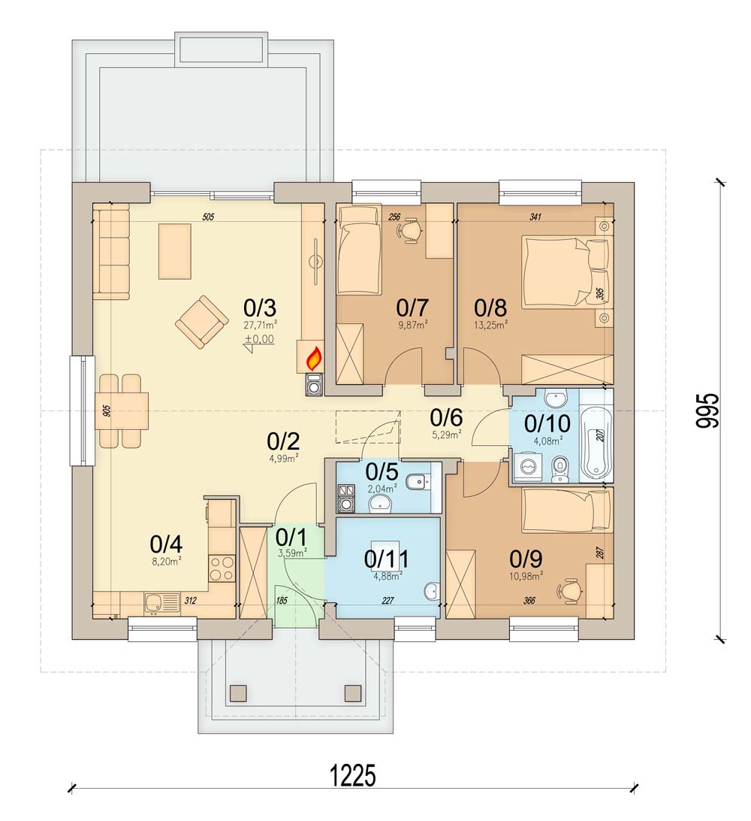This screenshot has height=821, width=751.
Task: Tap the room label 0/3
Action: pos(260,307)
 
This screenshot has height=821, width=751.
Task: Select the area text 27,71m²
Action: pos(261,325)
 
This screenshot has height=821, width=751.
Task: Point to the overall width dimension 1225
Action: pos(353,775)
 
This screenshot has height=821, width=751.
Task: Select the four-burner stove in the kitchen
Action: pos(222,568)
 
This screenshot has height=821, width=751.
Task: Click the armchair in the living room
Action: pos(201,322)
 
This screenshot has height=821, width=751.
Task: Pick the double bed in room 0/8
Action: pos(566,270)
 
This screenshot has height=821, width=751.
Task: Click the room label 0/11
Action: pos(387,559)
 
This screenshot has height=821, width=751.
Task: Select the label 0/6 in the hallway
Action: pos(446,417)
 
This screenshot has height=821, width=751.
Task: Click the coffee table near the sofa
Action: pos(175,251)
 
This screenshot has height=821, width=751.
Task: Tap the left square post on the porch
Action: pos(238,692)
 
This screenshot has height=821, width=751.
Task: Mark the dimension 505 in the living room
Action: pos(208,217)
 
